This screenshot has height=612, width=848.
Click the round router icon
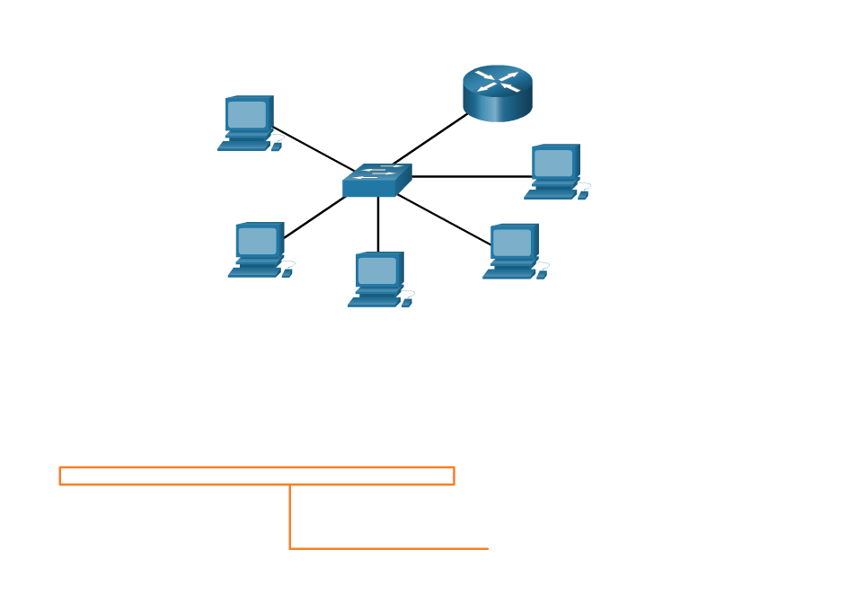(498, 93)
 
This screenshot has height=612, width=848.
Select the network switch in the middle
(376, 181)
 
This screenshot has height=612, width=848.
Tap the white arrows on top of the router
(498, 81)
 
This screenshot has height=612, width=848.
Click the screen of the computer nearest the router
(553, 163)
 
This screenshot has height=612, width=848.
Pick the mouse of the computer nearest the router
(583, 194)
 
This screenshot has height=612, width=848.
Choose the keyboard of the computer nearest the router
(550, 193)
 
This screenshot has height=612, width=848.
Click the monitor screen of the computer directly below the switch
(377, 271)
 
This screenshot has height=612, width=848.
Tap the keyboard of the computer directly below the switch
(374, 302)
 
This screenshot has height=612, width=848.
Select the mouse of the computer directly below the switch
(407, 302)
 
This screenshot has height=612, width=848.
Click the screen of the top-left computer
(247, 114)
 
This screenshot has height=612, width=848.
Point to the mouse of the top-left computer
(277, 146)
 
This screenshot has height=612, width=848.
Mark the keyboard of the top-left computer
(243, 145)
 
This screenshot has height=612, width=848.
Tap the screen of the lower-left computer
(257, 241)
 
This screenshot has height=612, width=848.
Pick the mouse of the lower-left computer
(287, 272)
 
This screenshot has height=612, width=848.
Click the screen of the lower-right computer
(512, 243)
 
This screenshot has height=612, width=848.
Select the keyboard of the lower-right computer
(508, 274)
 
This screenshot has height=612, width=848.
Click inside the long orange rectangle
(257, 476)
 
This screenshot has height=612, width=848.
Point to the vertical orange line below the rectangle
(290, 517)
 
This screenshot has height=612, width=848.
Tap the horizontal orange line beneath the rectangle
(390, 548)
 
